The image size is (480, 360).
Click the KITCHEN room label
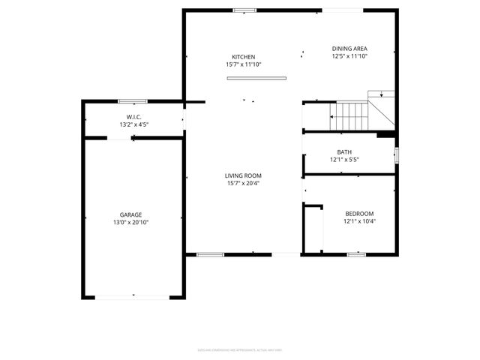click(x=243, y=57)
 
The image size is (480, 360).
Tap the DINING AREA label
click(x=349, y=49)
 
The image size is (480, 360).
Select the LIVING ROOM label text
click(x=243, y=175)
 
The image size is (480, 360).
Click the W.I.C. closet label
click(x=134, y=117)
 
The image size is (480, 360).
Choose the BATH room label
click(x=343, y=152)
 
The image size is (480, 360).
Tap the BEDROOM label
click(x=359, y=214)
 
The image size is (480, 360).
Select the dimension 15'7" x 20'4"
click(x=243, y=183)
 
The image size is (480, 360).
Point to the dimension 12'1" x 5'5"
click(x=344, y=160)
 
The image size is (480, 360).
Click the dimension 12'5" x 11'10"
click(x=349, y=56)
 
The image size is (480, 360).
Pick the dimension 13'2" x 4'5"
click(x=134, y=124)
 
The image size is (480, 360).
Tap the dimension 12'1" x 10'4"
click(x=359, y=221)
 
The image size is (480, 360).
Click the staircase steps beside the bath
click(x=349, y=116)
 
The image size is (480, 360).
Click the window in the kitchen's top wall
click(x=244, y=10)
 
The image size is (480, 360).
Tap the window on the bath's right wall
click(x=396, y=154)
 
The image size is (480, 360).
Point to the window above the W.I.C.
click(x=132, y=101)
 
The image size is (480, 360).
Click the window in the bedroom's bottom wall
click(x=356, y=254)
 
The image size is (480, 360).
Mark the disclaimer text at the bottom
click(x=239, y=349)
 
